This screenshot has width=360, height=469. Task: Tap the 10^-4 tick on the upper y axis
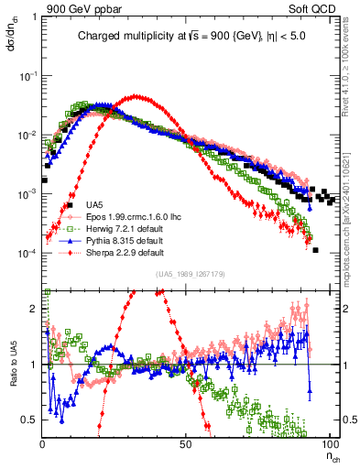click(27, 253)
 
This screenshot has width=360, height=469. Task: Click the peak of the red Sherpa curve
click(137, 96)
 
